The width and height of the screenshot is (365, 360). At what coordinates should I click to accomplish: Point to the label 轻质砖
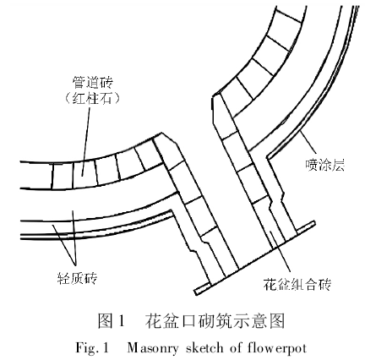click(x=64, y=275)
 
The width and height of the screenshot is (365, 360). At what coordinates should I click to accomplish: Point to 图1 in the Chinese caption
click(x=112, y=321)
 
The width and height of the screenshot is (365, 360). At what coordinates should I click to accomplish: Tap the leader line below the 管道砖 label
click(x=85, y=135)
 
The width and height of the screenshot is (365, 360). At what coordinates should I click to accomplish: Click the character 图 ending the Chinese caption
click(x=275, y=321)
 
